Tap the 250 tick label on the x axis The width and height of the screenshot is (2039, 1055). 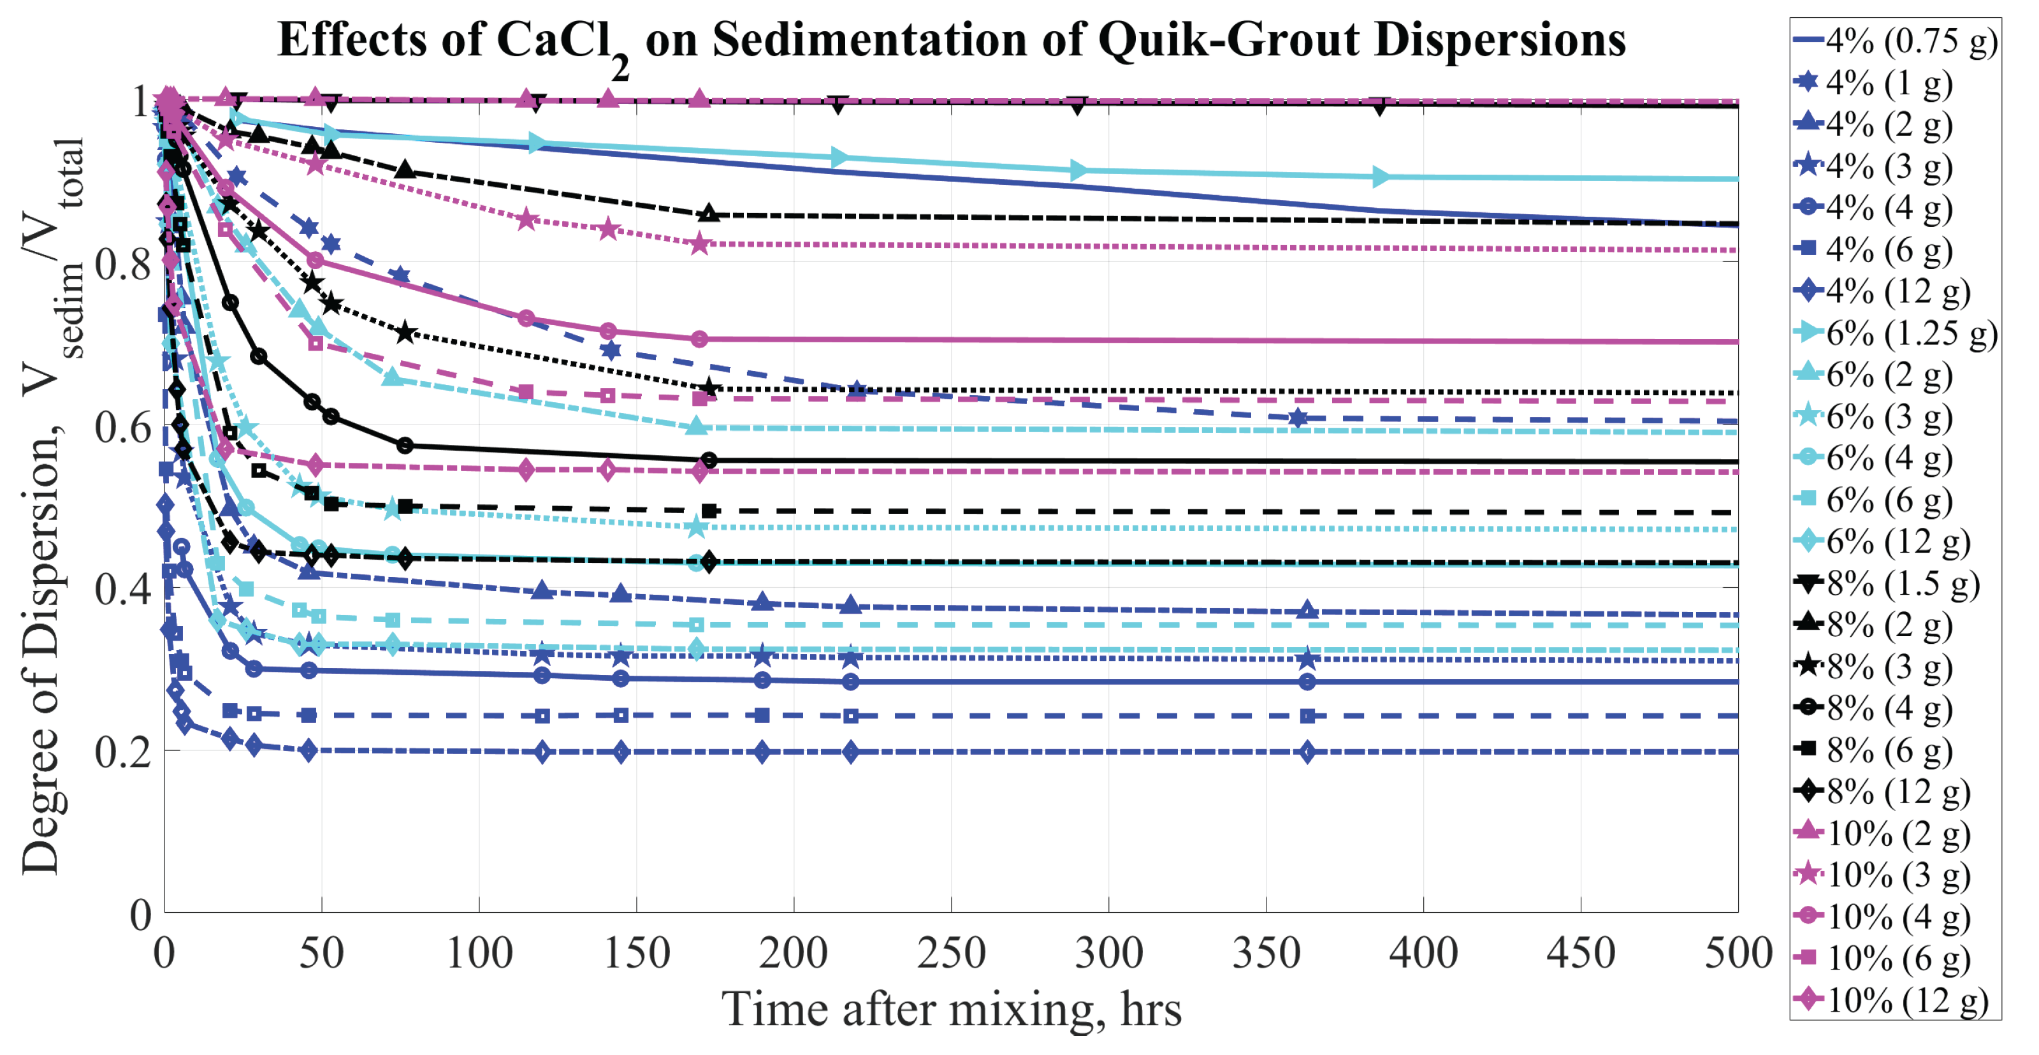click(x=950, y=953)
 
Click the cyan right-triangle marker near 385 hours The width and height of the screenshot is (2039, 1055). click(x=1381, y=177)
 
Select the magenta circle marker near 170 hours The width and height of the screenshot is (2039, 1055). click(x=700, y=338)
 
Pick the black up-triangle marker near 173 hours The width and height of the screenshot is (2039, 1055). click(x=709, y=214)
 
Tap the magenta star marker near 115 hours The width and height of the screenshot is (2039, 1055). click(x=527, y=219)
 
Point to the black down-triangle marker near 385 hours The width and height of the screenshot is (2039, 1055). click(x=1381, y=106)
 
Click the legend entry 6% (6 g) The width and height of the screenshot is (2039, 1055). click(x=1889, y=500)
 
